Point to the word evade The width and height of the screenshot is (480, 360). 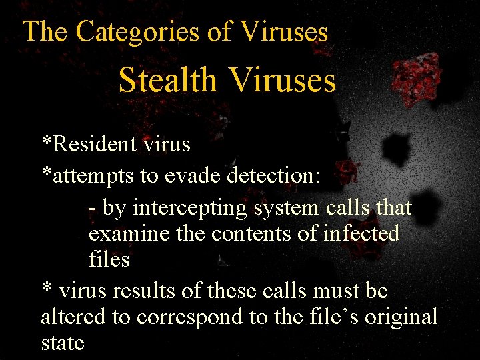tap(193, 176)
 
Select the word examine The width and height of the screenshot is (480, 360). tap(125, 234)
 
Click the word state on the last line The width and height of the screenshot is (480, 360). tap(63, 343)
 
